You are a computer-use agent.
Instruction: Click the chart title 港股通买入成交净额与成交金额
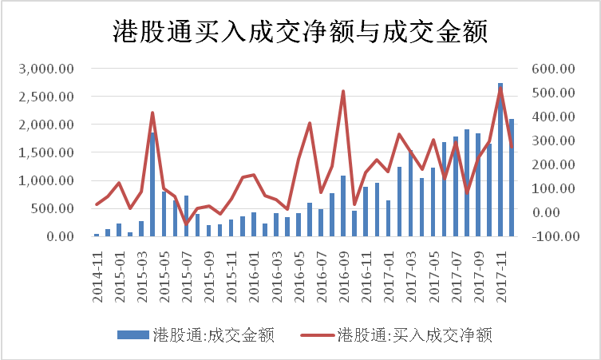pyautogui.click(x=299, y=34)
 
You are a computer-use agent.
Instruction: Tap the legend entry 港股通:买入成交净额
pyautogui.click(x=414, y=335)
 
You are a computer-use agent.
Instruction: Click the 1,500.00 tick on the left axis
pyautogui.click(x=49, y=152)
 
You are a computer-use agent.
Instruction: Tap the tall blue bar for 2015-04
pyautogui.click(x=152, y=184)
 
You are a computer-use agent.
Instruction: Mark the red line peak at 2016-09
pyautogui.click(x=343, y=91)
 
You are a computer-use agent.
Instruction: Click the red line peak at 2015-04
pyautogui.click(x=152, y=113)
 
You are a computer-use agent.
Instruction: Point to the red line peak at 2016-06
pyautogui.click(x=310, y=123)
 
